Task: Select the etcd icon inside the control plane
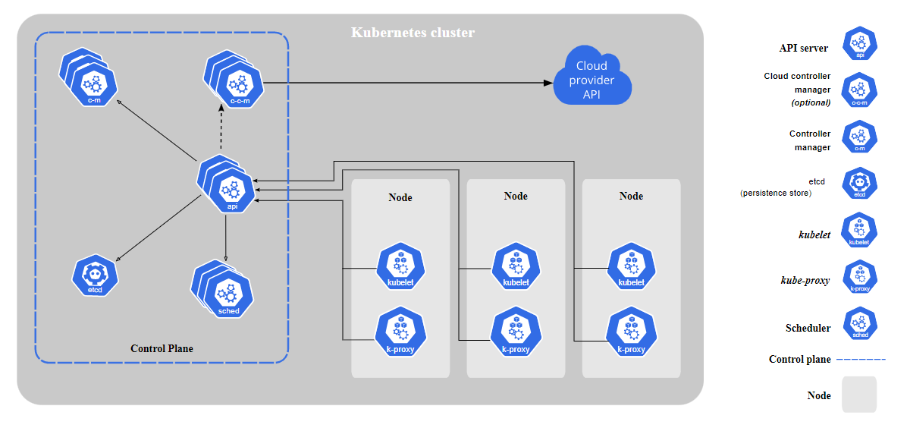coord(95,275)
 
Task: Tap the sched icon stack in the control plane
coord(222,289)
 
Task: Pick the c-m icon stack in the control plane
coord(88,77)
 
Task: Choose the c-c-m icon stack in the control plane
coord(234,79)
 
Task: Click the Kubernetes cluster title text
coord(413,33)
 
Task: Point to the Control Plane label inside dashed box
coord(162,348)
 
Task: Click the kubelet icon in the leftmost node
coord(400,266)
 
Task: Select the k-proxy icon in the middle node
coord(516,332)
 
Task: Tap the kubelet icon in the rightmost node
coord(631,266)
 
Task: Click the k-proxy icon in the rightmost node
coord(631,332)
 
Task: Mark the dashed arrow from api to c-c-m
coord(221,127)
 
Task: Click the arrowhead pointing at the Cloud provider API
coord(548,83)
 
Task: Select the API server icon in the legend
coord(860,43)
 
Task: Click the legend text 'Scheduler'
coord(808,328)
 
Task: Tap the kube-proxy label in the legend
coord(805,281)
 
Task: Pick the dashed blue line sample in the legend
coord(861,359)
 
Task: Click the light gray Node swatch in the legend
coord(859,395)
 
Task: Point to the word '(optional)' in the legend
coord(811,102)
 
